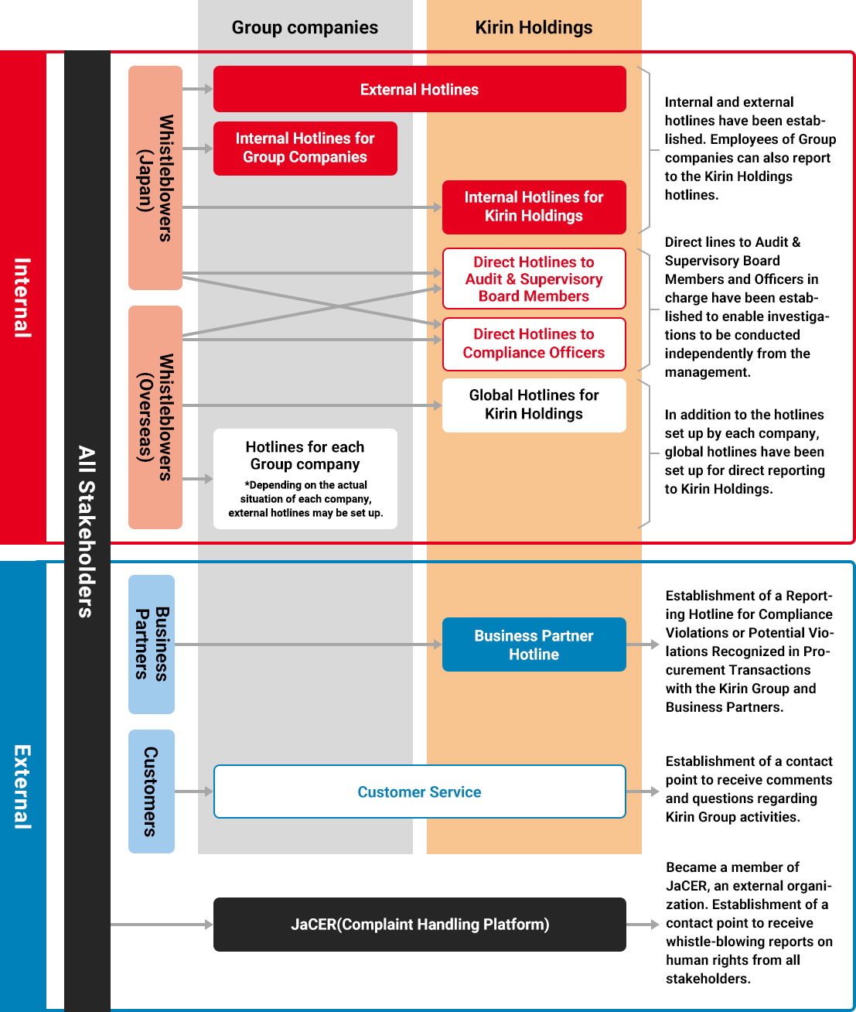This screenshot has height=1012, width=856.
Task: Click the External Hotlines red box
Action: click(x=419, y=89)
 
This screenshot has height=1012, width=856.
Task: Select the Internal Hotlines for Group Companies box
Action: click(x=305, y=148)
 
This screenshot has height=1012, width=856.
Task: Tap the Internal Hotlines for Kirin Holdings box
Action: click(x=534, y=207)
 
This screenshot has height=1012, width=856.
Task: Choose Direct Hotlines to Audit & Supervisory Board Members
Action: click(x=534, y=279)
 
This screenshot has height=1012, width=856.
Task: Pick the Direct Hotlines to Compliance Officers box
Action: click(x=534, y=344)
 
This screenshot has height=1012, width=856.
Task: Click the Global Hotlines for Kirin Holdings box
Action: click(x=534, y=405)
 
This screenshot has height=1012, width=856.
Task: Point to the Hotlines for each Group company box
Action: click(x=305, y=478)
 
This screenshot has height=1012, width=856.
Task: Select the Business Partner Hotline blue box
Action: click(x=534, y=644)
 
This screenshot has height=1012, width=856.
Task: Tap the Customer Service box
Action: click(x=419, y=791)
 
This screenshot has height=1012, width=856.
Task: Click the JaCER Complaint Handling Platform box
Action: click(x=419, y=925)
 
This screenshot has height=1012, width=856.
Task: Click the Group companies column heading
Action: click(x=305, y=28)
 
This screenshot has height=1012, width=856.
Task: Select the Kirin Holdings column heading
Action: click(x=534, y=28)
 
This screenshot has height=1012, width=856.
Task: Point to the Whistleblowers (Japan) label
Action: click(x=155, y=178)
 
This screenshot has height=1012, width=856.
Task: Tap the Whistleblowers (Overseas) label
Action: click(x=155, y=417)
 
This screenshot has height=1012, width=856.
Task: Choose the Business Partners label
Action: click(x=152, y=644)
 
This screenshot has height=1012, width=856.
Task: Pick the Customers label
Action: click(x=152, y=791)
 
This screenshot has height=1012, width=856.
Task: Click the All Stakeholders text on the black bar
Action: click(x=87, y=532)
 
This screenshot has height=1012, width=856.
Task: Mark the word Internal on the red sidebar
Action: click(x=22, y=298)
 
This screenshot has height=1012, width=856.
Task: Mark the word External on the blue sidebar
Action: click(x=22, y=787)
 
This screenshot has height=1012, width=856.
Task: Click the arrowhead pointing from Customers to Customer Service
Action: click(x=208, y=791)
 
